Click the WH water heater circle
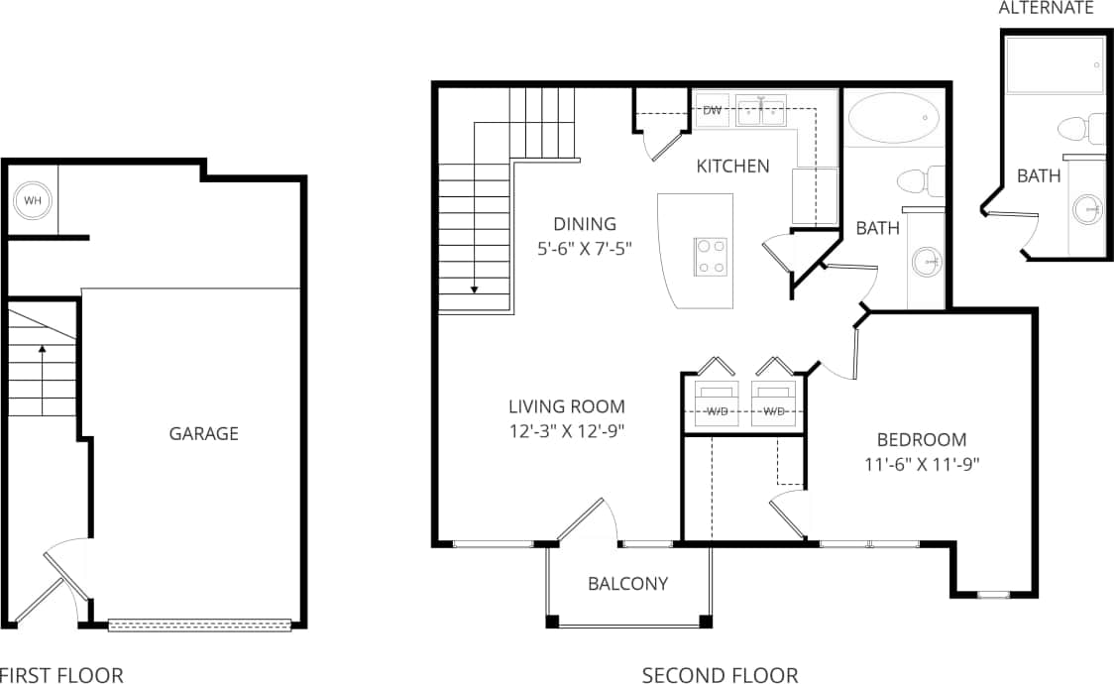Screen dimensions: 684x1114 33,201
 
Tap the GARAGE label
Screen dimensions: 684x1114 203,433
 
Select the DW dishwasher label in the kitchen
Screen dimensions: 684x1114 712,110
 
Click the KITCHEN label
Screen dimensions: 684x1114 732,166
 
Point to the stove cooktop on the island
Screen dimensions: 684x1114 710,256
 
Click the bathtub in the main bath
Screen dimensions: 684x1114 894,119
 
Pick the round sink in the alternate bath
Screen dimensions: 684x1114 1087,209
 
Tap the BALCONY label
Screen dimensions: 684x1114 627,584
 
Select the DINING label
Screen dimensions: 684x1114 585,224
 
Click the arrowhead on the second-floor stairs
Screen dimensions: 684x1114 475,289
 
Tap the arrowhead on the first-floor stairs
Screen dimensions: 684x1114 42,349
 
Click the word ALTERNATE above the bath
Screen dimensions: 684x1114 1046,8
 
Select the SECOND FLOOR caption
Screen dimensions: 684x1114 720,675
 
